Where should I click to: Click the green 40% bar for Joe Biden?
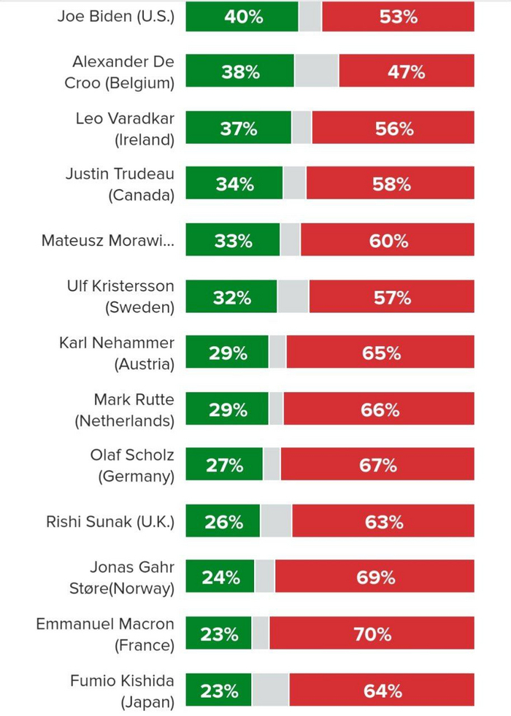tap(242, 17)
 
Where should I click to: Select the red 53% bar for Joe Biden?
tap(398, 17)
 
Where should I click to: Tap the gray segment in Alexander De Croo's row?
tap(316, 72)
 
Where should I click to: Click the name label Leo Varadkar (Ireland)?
tap(125, 128)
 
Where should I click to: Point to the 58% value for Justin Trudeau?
tap(391, 185)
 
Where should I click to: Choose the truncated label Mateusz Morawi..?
tap(107, 241)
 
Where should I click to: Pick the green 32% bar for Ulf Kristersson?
tap(231, 297)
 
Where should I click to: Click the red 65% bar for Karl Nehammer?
tap(380, 353)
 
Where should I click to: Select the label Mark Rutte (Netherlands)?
tap(124, 410)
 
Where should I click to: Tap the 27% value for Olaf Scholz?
tap(223, 466)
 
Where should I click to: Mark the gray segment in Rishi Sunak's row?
tap(276, 522)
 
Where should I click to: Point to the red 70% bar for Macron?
tap(372, 634)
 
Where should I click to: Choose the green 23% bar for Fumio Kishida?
tap(218, 690)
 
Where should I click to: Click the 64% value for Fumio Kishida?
tap(383, 690)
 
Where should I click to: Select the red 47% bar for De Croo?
tap(407, 72)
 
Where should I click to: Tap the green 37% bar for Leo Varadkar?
tap(238, 128)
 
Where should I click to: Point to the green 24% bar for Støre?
tap(220, 577)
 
